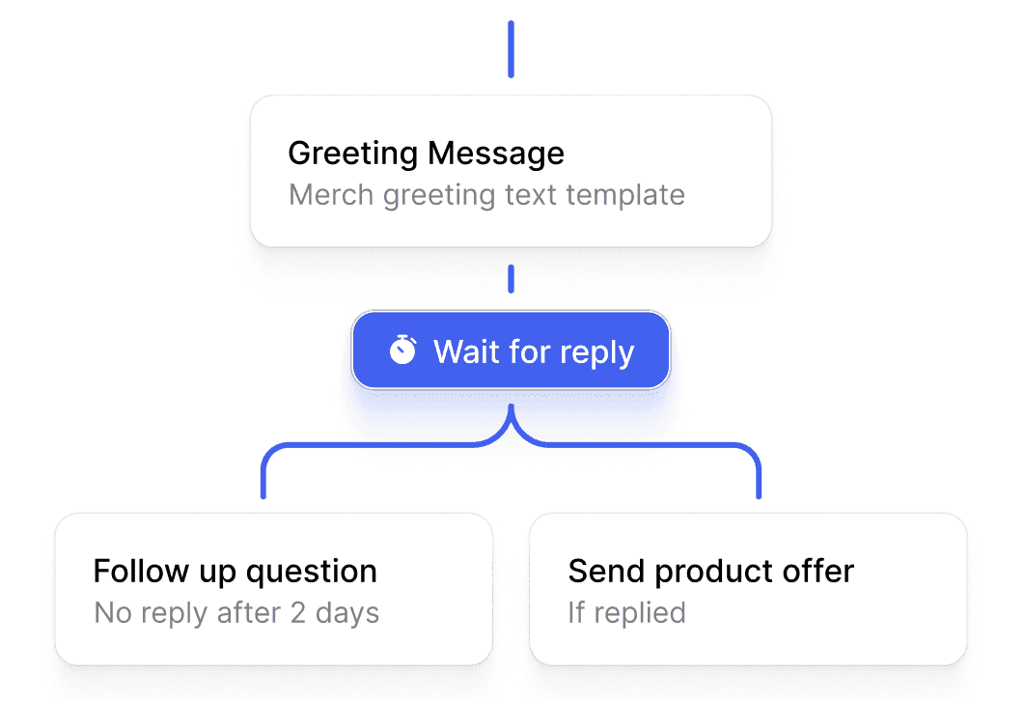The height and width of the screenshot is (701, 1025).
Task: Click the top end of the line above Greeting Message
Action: pos(512,22)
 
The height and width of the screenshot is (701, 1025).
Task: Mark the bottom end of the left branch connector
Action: pos(263,497)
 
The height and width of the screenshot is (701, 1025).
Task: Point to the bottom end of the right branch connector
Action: pos(759,497)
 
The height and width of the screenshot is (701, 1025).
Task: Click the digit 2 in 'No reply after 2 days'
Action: pos(298,613)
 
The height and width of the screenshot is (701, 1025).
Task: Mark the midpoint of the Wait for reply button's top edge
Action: pos(512,312)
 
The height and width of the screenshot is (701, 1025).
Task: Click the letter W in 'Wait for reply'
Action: pos(449,351)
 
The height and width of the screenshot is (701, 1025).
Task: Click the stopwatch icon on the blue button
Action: pos(402,350)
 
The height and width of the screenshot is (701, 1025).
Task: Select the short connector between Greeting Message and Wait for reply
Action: pos(512,279)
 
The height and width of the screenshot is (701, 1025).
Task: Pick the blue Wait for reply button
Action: pos(512,350)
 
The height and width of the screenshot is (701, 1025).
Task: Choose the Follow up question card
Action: pos(274,589)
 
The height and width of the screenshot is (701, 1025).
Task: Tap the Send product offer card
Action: pos(748,589)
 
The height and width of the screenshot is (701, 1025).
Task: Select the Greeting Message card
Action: pos(512,171)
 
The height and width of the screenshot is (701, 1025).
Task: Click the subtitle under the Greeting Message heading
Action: pos(487,195)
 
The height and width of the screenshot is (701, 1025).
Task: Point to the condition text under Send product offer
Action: pos(627,613)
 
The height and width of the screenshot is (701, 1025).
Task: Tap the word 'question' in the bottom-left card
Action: pos(312,573)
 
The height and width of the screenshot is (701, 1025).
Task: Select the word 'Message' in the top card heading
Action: pos(495,154)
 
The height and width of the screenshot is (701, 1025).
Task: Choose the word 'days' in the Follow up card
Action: pos(347,614)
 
